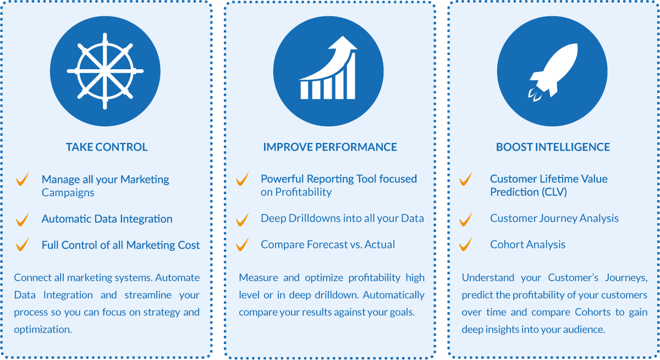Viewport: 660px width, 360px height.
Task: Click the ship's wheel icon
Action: tap(105, 71)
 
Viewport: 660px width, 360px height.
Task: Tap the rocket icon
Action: tap(554, 72)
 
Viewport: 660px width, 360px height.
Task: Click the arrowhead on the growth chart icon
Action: tap(343, 43)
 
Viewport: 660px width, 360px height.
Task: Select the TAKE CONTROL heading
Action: tap(107, 147)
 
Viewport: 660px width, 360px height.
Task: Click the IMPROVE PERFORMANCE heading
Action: tap(330, 147)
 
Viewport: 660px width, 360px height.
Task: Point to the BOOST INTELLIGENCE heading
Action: tap(553, 147)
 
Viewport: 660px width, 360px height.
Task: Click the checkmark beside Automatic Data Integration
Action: tap(23, 220)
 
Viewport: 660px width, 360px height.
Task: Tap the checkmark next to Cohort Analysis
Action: tap(465, 245)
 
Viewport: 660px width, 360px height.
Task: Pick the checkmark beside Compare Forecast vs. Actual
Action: tap(242, 245)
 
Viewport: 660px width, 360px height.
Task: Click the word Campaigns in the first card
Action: tap(68, 193)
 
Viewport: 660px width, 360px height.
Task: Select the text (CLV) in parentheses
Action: tap(554, 192)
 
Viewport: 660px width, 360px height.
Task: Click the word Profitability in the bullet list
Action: tap(304, 192)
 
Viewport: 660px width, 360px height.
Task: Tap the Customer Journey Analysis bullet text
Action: tap(554, 218)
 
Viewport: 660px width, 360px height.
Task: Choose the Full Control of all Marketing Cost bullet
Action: tap(120, 245)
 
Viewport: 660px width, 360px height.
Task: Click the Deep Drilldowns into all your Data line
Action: tap(342, 218)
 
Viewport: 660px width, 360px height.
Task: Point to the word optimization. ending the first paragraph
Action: tap(43, 329)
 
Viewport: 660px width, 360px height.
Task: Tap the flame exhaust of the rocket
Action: tap(535, 95)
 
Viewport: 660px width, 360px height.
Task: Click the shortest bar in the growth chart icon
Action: tap(304, 90)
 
